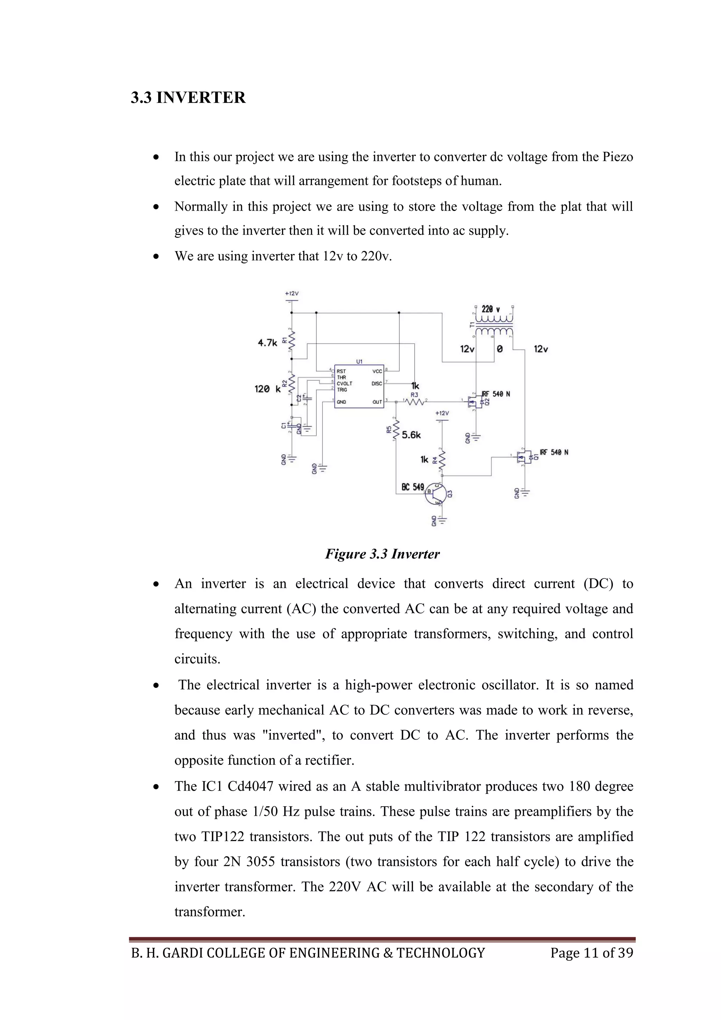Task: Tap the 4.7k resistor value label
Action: tap(267, 342)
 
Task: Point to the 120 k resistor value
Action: tap(267, 389)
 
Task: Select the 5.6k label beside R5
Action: tap(411, 435)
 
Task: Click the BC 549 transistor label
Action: tap(413, 487)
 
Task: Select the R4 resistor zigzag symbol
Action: tap(442, 461)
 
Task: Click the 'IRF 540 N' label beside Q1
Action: tap(554, 452)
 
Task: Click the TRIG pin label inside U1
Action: tap(342, 390)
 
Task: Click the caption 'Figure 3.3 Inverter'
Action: tap(382, 554)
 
